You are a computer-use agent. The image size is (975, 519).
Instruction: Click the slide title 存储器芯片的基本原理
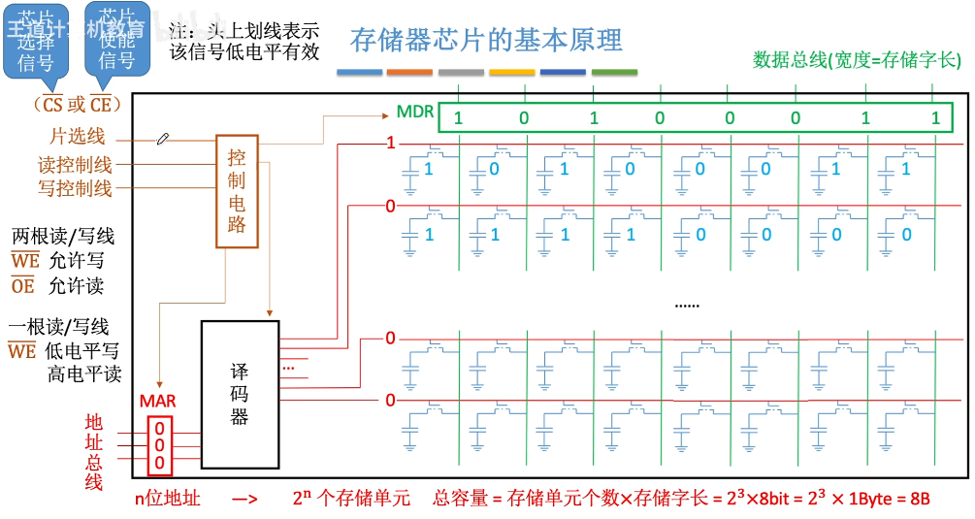[x=487, y=41]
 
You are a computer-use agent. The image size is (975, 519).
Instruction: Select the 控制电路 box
[x=237, y=190]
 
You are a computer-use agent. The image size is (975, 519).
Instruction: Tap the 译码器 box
[x=240, y=393]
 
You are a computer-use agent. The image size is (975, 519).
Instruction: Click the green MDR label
[x=415, y=113]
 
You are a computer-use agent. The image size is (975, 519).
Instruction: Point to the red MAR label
[x=158, y=402]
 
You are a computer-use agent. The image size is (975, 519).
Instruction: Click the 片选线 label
[x=78, y=138]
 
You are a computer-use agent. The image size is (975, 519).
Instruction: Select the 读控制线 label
[x=75, y=165]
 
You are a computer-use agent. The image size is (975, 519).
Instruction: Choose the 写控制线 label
[x=75, y=188]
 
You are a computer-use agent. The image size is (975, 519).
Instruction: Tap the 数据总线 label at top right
[x=857, y=60]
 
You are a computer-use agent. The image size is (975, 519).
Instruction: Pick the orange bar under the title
[x=409, y=73]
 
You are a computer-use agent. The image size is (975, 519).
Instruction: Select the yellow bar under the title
[x=511, y=73]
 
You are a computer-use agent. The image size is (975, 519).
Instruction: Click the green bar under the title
[x=614, y=73]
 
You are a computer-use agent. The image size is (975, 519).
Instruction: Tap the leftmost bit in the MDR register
[x=459, y=119]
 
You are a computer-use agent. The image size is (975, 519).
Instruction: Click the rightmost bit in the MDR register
[x=935, y=119]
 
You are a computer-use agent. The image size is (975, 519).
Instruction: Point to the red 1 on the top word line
[x=391, y=144]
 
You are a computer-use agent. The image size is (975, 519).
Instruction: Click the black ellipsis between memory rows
[x=687, y=305]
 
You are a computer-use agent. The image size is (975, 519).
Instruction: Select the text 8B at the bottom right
[x=918, y=499]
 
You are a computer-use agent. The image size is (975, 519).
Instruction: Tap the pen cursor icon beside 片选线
[x=163, y=140]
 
